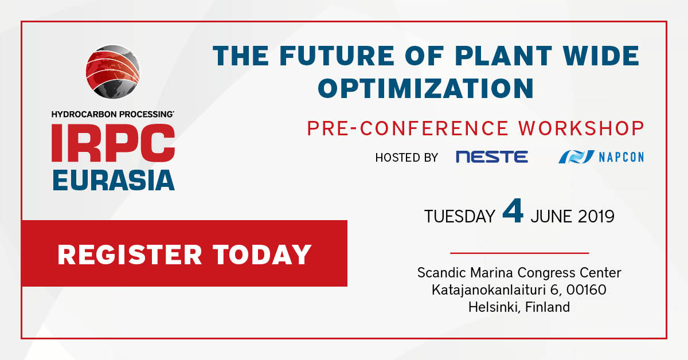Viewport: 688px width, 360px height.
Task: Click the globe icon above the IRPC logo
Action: (113, 72)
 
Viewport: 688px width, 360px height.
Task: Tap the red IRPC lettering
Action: (114, 143)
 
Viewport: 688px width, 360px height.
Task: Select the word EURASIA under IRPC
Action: (114, 180)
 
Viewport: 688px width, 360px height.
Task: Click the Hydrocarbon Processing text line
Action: (113, 114)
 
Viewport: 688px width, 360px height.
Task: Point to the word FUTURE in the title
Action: (337, 56)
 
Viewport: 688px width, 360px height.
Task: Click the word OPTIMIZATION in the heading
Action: (425, 88)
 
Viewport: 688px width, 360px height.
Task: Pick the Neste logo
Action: (492, 156)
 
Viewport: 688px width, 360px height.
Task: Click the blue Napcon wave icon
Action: (576, 156)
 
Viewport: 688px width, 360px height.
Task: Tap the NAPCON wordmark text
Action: (621, 157)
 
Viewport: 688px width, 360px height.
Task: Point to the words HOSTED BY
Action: (406, 158)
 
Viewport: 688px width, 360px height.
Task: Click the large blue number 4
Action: (513, 211)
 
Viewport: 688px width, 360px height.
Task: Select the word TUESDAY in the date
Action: (459, 217)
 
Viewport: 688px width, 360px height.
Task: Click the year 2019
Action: (596, 217)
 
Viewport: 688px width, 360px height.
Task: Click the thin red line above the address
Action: (519, 253)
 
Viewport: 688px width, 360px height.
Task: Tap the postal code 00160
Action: (587, 289)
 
